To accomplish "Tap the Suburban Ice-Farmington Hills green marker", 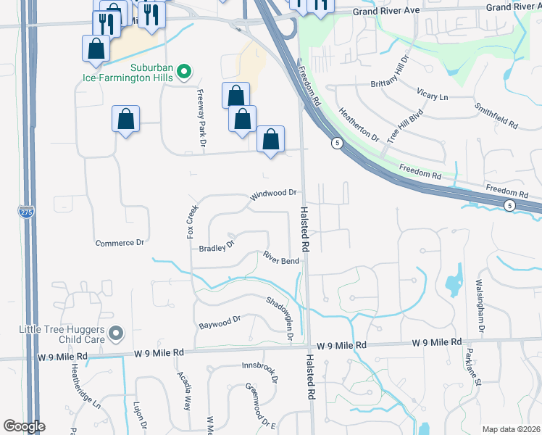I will click(184, 71).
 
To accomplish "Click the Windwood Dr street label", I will click(274, 194).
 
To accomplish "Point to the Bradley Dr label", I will click(217, 246).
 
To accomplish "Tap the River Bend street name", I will click(281, 259).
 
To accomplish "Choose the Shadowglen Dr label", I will click(280, 319).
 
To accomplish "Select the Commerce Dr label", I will click(120, 243).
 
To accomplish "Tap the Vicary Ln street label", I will click(433, 96).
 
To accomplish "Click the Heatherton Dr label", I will click(360, 124).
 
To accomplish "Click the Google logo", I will click(23, 426).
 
